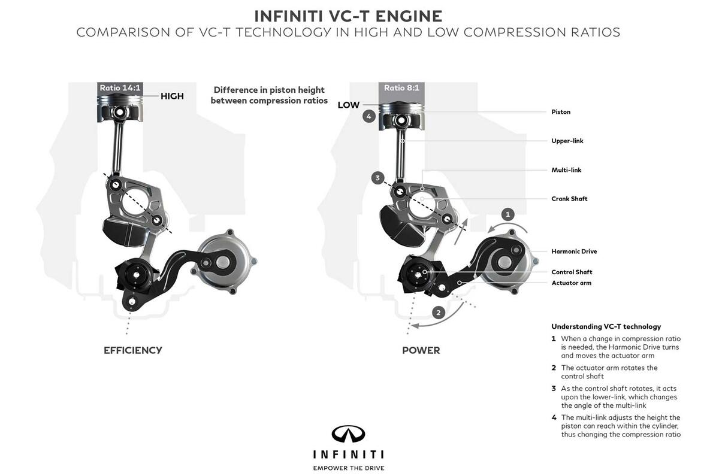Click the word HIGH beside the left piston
[x=172, y=96]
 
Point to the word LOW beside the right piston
[x=348, y=105]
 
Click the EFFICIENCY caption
[x=132, y=350]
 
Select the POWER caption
[x=421, y=350]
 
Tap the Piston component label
[x=560, y=112]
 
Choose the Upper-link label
[x=567, y=141]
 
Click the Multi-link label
[x=566, y=170]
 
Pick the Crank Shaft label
[x=569, y=199]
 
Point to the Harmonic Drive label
[x=574, y=251]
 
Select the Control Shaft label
[x=572, y=272]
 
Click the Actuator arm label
[x=571, y=283]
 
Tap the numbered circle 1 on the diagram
[x=507, y=214]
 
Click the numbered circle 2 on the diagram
[x=439, y=312]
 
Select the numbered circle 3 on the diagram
[x=377, y=178]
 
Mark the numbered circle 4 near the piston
[x=369, y=116]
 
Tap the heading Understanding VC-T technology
[x=606, y=327]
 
